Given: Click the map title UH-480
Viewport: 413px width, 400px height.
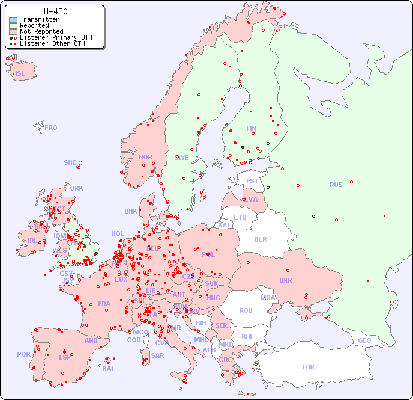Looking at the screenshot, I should (53, 11).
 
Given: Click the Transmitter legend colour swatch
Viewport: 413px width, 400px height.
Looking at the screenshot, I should (13, 20).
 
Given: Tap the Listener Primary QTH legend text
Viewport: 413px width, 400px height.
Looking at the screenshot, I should (56, 37).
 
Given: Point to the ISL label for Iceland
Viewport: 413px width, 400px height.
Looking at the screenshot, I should (20, 74).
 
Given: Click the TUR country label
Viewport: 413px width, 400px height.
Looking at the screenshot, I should (308, 367).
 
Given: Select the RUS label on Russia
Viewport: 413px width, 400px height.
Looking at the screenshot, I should (336, 185).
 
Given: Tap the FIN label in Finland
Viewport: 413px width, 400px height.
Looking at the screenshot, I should (251, 128).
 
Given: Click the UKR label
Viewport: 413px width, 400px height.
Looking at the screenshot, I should (286, 280).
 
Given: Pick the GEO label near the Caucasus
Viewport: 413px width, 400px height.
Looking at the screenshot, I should (364, 340).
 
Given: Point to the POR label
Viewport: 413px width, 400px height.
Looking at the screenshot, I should (23, 354).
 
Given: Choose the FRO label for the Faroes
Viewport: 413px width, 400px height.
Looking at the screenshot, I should (51, 128).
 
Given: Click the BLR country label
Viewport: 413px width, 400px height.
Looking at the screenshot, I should (260, 239).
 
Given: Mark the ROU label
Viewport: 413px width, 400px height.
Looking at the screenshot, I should (246, 310).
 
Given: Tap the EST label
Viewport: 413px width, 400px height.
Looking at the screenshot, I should (252, 181).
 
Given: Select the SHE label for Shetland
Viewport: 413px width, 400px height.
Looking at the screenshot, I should (70, 162).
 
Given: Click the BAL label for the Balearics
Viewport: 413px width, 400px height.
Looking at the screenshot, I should (108, 369).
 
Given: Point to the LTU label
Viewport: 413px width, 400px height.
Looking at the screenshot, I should (240, 217).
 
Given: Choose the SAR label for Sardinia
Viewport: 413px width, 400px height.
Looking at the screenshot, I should (157, 355).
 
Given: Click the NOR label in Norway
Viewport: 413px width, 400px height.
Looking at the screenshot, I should (145, 157).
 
